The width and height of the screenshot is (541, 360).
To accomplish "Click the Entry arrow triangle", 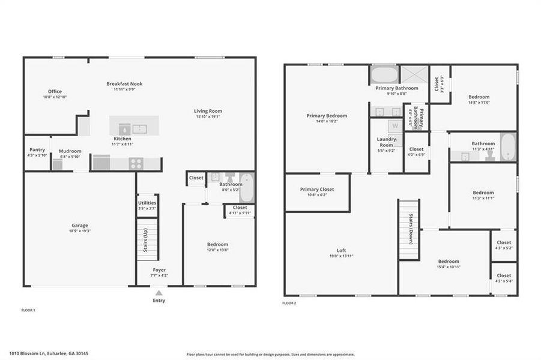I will pos(159,293).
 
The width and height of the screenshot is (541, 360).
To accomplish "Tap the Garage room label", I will pos(80,226).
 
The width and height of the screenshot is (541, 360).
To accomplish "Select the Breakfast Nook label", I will pos(124,84).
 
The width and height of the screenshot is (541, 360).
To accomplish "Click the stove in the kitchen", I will pos(136,163).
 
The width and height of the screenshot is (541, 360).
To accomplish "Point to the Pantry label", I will pos(37,150).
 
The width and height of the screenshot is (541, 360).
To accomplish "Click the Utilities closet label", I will pos(147,203).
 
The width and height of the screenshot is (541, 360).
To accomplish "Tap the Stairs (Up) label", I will pos(145,239).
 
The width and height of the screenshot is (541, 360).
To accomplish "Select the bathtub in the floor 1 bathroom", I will pos(247,187).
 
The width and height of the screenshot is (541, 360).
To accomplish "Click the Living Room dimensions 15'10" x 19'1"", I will pos(208,117).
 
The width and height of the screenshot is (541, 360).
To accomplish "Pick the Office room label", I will pos(55,92).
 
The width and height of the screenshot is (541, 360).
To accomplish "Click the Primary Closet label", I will pos(317,190).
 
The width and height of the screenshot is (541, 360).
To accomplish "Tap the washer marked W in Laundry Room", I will pos(395,126).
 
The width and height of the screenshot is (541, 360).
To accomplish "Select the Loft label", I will pos(341,251).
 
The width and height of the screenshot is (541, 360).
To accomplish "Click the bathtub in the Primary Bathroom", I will pos(384,75).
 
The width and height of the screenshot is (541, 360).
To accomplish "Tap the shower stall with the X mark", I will pos(414,74).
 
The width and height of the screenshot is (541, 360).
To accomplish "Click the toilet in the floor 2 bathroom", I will pos(490,155).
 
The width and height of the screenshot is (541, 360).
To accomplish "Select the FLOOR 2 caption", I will pos(289,303).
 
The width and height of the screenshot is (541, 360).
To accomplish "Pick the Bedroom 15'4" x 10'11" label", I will pos(449,262).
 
